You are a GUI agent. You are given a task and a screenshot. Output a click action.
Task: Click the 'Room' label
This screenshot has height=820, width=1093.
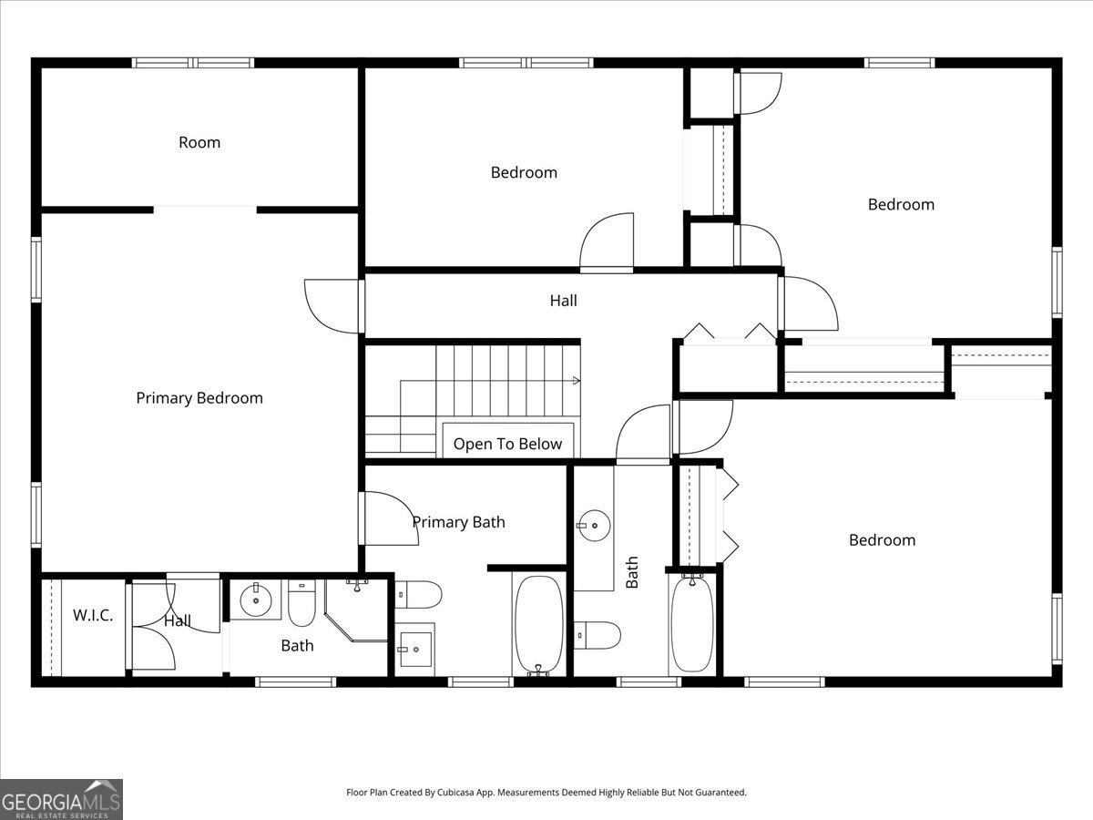click(199, 142)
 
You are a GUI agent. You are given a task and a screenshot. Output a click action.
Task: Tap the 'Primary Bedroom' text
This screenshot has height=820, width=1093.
click(199, 398)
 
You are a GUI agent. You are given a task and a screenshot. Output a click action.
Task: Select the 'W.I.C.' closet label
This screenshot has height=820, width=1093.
click(93, 615)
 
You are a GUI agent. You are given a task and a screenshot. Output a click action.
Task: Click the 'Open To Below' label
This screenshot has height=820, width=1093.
click(507, 444)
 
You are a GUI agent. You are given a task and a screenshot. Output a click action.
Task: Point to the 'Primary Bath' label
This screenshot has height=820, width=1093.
click(458, 522)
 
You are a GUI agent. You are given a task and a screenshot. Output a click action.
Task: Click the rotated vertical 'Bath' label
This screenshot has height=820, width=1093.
click(632, 572)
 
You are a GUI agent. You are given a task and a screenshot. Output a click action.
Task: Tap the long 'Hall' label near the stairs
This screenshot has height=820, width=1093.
click(563, 300)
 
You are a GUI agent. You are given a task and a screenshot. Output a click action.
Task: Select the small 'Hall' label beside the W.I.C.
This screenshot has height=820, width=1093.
click(178, 620)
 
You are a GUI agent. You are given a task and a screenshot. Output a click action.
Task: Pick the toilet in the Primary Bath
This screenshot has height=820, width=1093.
click(419, 595)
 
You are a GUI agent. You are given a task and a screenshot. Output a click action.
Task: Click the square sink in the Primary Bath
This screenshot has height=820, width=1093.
click(415, 649)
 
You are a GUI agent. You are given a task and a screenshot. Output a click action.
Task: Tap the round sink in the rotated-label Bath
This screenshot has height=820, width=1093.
click(593, 524)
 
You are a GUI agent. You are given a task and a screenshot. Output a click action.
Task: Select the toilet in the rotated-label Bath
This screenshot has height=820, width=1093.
click(598, 634)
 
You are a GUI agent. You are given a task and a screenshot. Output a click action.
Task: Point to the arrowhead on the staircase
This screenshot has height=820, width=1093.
click(576, 380)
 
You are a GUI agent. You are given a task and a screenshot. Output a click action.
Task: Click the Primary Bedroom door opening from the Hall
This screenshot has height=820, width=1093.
click(333, 306)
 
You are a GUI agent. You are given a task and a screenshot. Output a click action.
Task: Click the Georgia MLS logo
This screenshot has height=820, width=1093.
click(61, 799)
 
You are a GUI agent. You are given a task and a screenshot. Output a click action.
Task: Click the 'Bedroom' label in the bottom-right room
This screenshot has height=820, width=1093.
click(882, 540)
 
